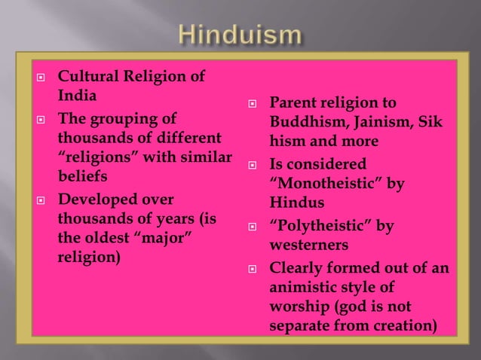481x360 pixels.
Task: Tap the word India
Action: (78, 96)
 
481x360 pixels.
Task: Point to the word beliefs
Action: (81, 178)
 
